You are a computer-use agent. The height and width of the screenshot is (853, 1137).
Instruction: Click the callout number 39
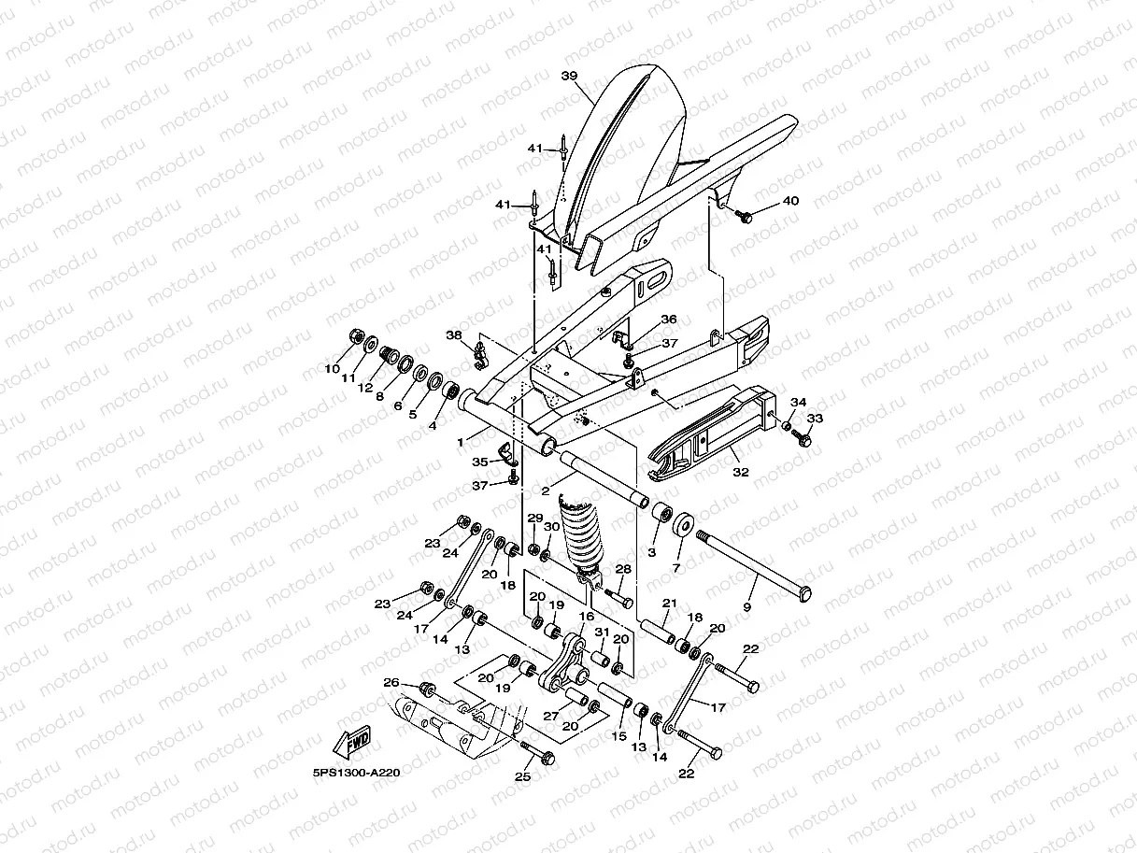(569, 76)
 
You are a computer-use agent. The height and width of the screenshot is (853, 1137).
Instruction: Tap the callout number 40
(790, 201)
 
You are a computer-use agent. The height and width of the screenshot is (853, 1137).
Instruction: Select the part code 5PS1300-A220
(356, 773)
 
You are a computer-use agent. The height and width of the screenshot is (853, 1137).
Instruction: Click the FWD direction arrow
(351, 742)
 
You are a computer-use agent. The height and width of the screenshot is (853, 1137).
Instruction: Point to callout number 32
(741, 472)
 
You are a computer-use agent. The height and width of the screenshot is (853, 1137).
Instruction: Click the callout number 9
(747, 607)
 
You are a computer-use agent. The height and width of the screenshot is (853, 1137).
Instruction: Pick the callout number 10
(332, 369)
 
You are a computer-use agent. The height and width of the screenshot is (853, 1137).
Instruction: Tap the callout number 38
(454, 335)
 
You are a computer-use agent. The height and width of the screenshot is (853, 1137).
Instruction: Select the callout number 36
(669, 319)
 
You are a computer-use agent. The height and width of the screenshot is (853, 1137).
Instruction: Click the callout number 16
(587, 617)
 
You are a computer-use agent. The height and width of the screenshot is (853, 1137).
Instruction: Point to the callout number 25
(522, 777)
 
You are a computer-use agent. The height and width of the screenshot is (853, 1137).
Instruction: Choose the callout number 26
(391, 682)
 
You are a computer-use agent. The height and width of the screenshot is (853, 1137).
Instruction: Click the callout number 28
(623, 569)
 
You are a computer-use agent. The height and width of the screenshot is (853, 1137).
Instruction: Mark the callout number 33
(815, 418)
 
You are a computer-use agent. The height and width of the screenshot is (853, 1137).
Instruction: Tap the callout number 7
(676, 568)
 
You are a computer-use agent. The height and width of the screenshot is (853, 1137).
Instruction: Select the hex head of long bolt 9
(803, 594)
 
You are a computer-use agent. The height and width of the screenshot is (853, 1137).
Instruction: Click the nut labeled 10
(356, 336)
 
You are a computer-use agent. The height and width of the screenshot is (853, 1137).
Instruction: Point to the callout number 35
(479, 462)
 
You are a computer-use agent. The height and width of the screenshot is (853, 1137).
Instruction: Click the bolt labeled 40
(744, 216)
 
